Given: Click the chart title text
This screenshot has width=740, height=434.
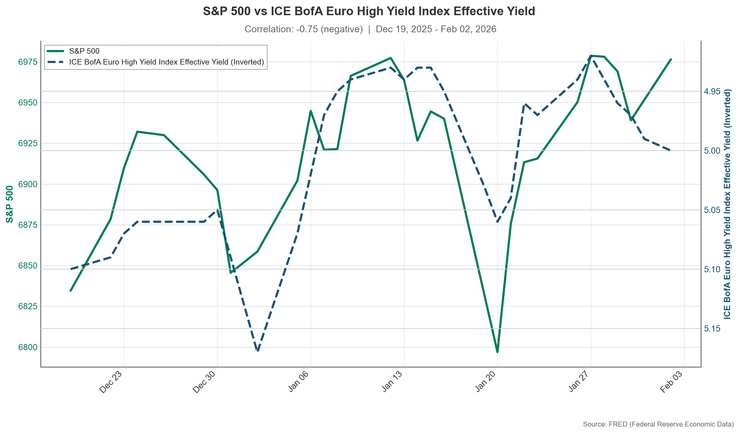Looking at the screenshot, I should click(x=369, y=11).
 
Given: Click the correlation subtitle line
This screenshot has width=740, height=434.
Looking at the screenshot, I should click(x=370, y=29).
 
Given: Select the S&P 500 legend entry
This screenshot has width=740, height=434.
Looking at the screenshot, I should click(x=84, y=51).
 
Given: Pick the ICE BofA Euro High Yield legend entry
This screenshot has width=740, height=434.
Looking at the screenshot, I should click(x=166, y=62).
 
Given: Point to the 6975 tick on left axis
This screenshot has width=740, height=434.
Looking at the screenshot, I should click(x=28, y=62).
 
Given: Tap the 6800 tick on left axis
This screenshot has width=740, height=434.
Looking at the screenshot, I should click(x=28, y=347).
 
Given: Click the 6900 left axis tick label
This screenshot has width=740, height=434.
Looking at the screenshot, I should click(x=28, y=184).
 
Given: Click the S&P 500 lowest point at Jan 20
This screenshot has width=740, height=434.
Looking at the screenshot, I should click(x=497, y=352).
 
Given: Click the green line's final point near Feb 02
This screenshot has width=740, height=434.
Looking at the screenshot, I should click(x=671, y=59).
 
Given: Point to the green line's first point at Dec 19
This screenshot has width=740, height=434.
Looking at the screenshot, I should click(x=71, y=291).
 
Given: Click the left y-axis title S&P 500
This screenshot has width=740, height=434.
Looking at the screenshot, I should click(x=10, y=204).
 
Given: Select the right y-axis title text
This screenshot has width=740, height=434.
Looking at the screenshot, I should click(x=727, y=204).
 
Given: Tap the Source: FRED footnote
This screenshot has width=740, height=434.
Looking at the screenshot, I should click(x=658, y=424).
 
